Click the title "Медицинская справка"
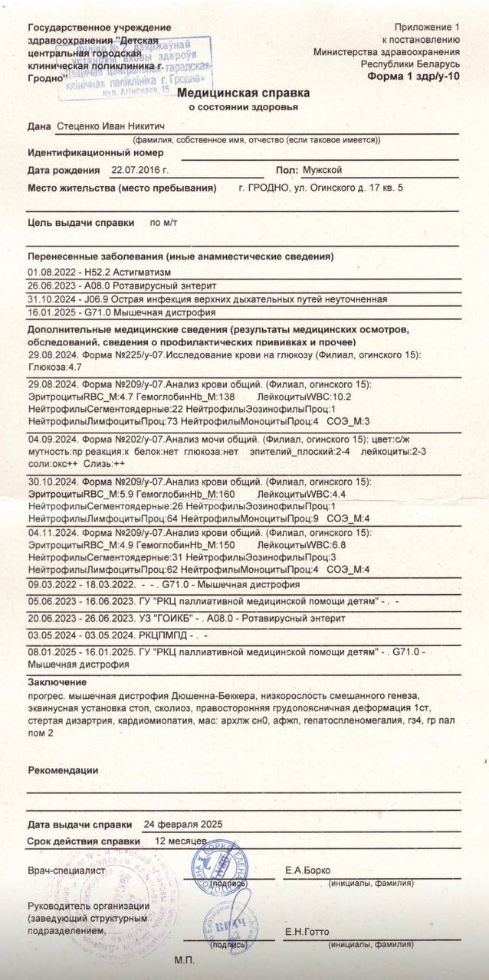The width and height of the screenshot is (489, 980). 244,93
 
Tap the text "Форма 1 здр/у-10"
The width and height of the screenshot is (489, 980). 414,77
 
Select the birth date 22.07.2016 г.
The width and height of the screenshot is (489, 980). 139,170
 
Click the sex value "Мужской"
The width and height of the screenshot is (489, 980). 322,170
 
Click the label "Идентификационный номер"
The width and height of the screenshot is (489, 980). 96,152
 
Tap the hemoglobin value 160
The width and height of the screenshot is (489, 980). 227,494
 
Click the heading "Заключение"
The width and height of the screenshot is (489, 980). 57,682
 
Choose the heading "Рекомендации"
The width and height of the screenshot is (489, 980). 63,769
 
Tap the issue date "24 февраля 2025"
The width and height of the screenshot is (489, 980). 183,825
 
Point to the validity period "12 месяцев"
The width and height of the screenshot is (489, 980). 181,841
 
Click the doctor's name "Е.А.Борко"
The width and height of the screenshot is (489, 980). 307,871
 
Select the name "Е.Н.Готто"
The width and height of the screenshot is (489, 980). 307,932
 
